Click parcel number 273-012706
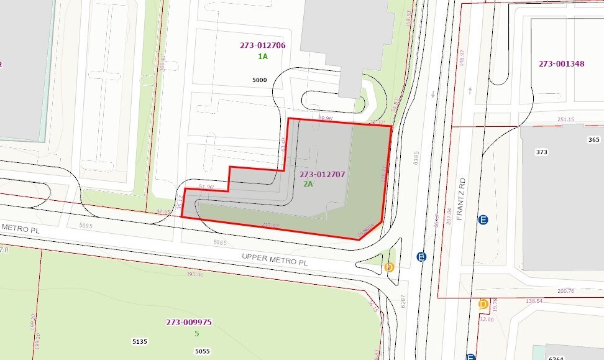coord(262,45)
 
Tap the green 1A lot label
coord(263,57)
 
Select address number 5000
coord(260,80)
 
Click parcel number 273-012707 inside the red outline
coord(322,175)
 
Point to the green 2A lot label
coord(308,185)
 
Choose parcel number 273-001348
coord(561,63)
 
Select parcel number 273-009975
coord(189,322)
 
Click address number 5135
coord(140,342)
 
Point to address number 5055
coord(202,351)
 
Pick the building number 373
coord(542,152)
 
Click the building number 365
coord(593,140)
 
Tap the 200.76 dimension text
coord(565,290)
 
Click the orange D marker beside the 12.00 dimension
coord(483,304)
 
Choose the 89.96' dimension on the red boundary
coord(326,118)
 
